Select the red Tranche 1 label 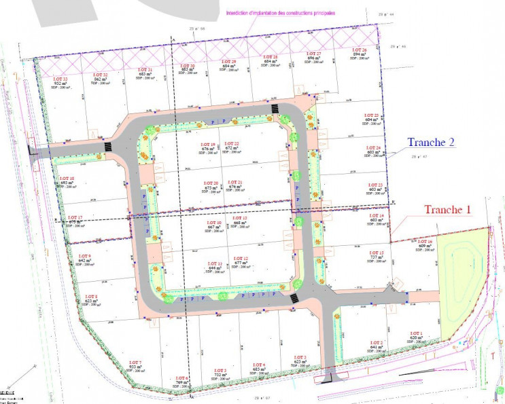(448, 209)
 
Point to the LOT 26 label (360, 50)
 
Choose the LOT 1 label (417, 333)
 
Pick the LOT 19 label (208, 145)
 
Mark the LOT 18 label (67, 179)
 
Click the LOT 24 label (373, 147)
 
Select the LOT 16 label (425, 241)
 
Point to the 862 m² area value (101, 79)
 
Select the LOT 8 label (91, 297)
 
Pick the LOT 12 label (240, 259)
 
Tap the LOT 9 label (85, 255)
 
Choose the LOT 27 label (313, 53)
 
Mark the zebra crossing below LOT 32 (107, 146)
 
